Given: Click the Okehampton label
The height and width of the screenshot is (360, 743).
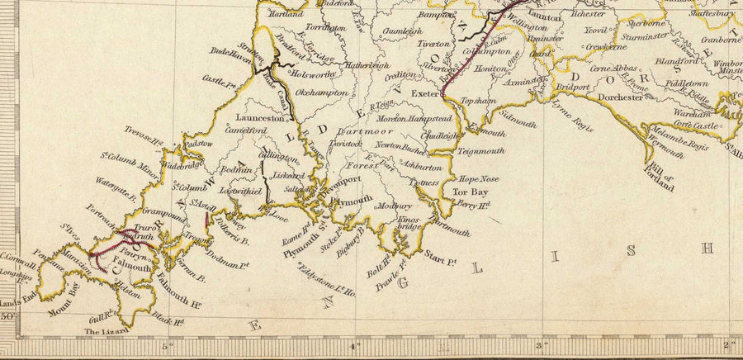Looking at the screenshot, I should (317, 93).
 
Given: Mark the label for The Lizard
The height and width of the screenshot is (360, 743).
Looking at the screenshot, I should (106, 331).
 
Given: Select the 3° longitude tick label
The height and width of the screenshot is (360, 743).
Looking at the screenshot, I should (542, 346).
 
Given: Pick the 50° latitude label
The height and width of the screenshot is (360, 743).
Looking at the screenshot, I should (7, 315).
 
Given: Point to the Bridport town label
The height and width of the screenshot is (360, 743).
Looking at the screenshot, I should (573, 87).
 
